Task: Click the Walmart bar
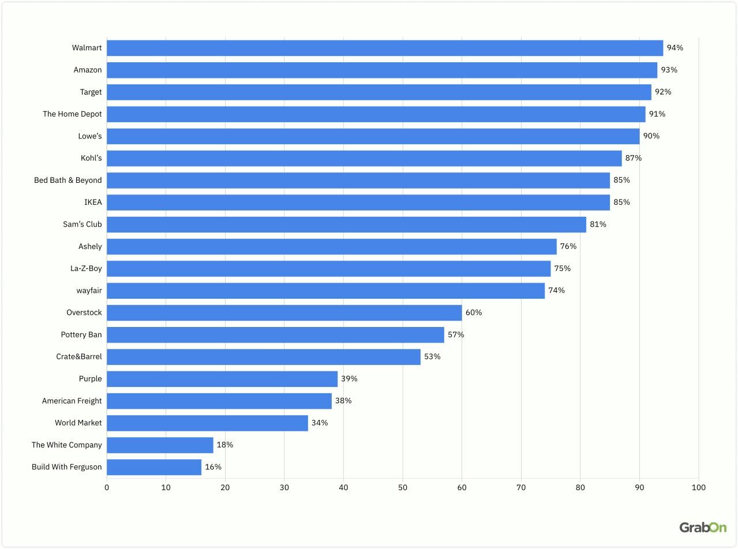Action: point(384,48)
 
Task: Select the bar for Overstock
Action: point(284,313)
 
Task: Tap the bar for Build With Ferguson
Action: point(154,467)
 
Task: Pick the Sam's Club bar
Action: point(346,224)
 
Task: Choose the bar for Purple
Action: point(222,379)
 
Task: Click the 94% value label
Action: point(675,48)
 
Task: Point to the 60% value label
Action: point(474,313)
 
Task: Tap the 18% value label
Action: point(225,445)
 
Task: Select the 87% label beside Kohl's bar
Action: point(634,158)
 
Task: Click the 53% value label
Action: point(432,356)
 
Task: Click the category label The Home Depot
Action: point(72,114)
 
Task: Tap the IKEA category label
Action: point(93,202)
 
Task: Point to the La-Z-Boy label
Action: point(86,268)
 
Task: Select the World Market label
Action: point(78,423)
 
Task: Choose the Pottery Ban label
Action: point(81,334)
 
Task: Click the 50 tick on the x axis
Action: point(403,488)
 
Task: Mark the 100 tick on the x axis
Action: point(698,488)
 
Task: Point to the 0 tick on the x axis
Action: point(107,488)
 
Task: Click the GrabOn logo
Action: point(702,527)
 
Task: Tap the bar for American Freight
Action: point(219,401)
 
